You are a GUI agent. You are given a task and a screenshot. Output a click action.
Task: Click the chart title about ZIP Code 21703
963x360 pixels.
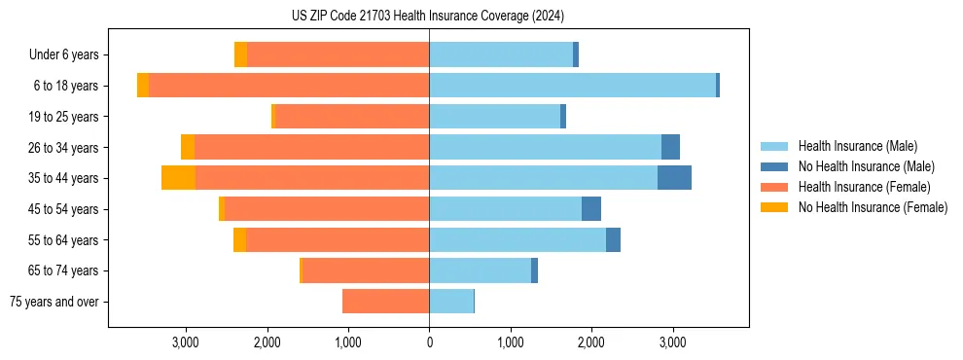[x=428, y=17]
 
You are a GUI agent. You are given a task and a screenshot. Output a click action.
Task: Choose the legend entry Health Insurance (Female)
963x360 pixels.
[x=864, y=187]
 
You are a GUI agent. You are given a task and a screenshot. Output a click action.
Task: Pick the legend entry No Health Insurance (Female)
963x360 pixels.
[x=873, y=207]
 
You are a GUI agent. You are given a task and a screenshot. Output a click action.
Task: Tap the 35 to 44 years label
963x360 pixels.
[x=63, y=178]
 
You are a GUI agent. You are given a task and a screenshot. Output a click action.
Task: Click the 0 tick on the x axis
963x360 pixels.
[x=429, y=342]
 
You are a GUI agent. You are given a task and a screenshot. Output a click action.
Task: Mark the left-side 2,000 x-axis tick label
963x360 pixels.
[x=267, y=342]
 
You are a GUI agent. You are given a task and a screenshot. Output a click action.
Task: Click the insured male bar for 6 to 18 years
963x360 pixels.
[x=572, y=86]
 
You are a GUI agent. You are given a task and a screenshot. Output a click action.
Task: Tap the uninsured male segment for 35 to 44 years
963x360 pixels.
[x=674, y=178]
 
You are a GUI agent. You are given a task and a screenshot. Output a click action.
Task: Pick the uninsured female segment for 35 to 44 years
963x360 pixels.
[x=178, y=178]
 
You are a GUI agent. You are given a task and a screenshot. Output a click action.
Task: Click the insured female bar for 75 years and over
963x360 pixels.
[x=385, y=302]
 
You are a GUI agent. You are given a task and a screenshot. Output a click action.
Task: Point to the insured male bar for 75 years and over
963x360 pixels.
[x=451, y=302]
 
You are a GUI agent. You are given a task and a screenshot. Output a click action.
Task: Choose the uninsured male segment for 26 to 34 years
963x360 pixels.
[x=670, y=147]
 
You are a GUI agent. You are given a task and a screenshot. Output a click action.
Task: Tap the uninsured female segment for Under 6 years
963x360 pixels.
[x=240, y=55]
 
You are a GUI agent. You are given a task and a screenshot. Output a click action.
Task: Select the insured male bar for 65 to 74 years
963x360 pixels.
[x=480, y=270]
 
